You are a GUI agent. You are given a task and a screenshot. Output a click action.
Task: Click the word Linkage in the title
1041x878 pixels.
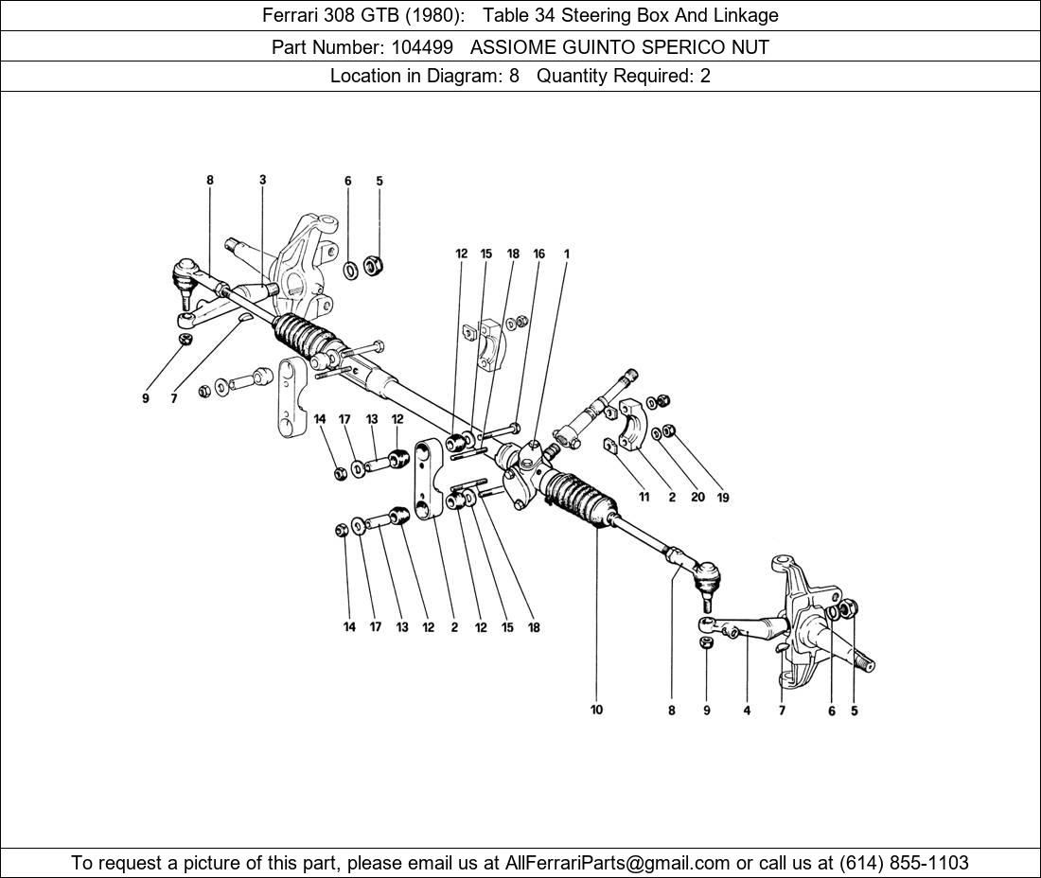[x=742, y=15]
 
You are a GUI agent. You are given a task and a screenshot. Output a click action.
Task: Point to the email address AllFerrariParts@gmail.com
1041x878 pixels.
[x=618, y=863]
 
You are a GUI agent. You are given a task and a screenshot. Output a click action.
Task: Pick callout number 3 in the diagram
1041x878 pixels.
[x=262, y=180]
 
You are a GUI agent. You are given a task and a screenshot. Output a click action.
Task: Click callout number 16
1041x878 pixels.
[x=538, y=254]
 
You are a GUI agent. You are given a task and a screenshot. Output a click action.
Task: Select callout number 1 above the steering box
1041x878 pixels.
[x=566, y=254]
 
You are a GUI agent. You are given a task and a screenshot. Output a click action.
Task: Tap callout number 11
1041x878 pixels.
[x=644, y=497]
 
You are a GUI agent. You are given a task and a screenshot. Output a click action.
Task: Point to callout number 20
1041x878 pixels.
[x=697, y=497]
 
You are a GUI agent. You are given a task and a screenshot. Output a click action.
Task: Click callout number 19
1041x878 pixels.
[x=724, y=497]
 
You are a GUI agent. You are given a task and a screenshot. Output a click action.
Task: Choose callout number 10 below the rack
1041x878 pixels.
[x=596, y=710]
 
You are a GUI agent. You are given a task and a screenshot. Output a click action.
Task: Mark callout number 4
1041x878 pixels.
[x=747, y=711]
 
